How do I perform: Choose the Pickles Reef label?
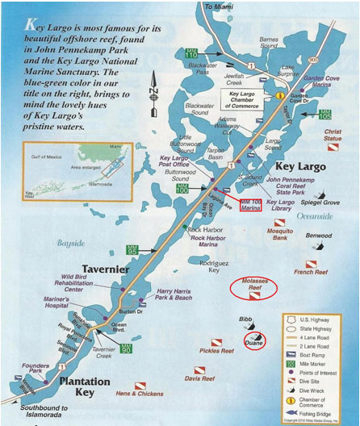216,351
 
